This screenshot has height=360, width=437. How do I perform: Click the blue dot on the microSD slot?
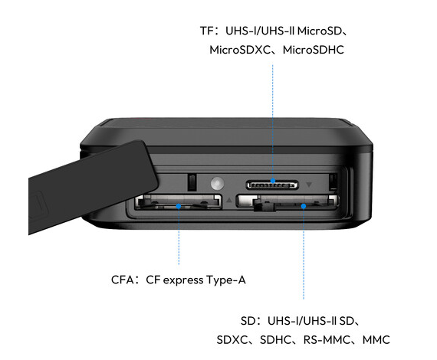pos(273,181)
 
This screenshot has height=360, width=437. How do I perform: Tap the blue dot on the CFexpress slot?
pos(179,206)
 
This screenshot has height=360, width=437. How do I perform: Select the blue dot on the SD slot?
pos(304,206)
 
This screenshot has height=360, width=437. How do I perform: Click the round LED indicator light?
pos(217,183)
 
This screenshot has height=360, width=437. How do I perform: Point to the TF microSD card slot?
pos(272,185)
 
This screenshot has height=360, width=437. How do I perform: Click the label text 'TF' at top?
pos(206,31)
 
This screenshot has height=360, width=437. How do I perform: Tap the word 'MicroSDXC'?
pos(240,50)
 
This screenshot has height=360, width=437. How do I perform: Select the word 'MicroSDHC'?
pos(314,50)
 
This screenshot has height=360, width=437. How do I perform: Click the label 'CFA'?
pos(123,280)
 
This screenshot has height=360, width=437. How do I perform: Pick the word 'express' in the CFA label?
pos(183,280)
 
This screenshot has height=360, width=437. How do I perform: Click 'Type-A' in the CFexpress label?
pos(226,280)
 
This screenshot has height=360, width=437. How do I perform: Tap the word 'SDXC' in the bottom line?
pos(232,340)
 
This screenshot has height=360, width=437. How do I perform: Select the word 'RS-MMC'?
pos(327,340)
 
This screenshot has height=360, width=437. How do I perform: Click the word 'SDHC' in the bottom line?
pos(275,340)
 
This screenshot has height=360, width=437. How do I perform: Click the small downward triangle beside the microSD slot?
pos(309,185)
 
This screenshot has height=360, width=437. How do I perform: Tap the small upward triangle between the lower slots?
pos(229,200)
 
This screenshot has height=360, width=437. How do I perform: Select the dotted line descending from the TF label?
pos(273,121)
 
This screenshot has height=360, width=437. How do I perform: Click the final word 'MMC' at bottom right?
pos(376,340)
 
